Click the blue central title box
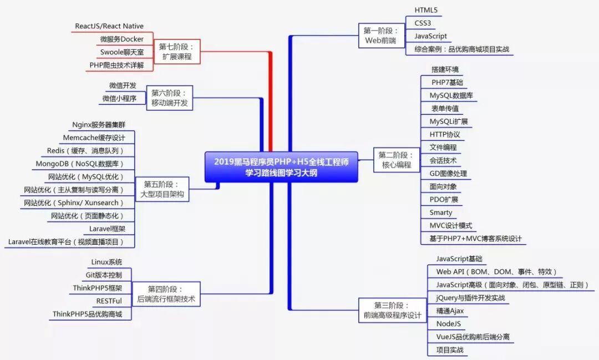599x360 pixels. coord(281,167)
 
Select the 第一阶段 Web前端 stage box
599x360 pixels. coord(380,36)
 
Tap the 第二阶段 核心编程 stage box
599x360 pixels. coord(396,160)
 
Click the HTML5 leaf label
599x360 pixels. coord(426,10)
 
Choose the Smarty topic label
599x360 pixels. coord(441,212)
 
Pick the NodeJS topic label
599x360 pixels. coord(449,323)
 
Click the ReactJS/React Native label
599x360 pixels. coord(109,26)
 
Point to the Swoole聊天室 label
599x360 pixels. coord(122,52)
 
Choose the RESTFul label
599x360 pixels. coord(109,301)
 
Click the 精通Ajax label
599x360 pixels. coord(450,311)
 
